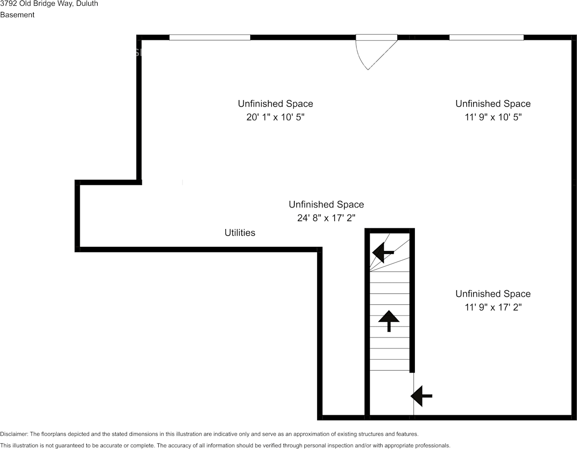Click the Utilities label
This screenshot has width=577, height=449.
point(239,233)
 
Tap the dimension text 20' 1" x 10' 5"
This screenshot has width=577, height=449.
point(275,117)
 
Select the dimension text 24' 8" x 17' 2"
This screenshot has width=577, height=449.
point(326,218)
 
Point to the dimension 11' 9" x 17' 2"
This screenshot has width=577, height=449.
point(493,308)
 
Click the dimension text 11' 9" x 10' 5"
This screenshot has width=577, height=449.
point(493,117)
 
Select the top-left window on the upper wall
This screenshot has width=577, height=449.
point(210,37)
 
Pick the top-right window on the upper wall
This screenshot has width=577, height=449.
point(486,37)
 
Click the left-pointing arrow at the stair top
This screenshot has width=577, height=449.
point(383,253)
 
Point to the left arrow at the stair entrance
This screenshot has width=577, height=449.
point(421,395)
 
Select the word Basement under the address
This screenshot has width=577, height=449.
point(17,15)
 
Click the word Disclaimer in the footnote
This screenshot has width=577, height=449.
point(14,434)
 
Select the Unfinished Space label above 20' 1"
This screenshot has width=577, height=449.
point(275,103)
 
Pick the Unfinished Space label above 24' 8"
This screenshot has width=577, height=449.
point(326,205)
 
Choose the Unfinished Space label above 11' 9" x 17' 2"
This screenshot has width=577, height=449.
point(493,294)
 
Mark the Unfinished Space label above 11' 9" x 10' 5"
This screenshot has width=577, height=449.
point(493,103)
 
